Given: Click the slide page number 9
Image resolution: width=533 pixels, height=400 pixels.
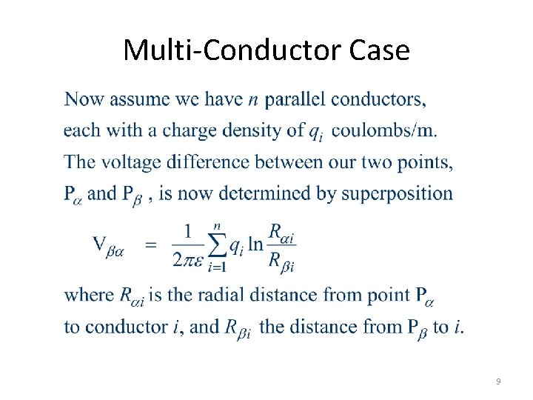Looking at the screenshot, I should coord(498,381).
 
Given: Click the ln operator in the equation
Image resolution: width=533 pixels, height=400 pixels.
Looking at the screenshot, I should coord(255,244).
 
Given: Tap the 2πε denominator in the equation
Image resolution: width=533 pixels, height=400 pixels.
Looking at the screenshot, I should coord(188,260).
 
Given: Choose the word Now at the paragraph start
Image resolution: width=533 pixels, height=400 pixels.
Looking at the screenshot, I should coord(84,99).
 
